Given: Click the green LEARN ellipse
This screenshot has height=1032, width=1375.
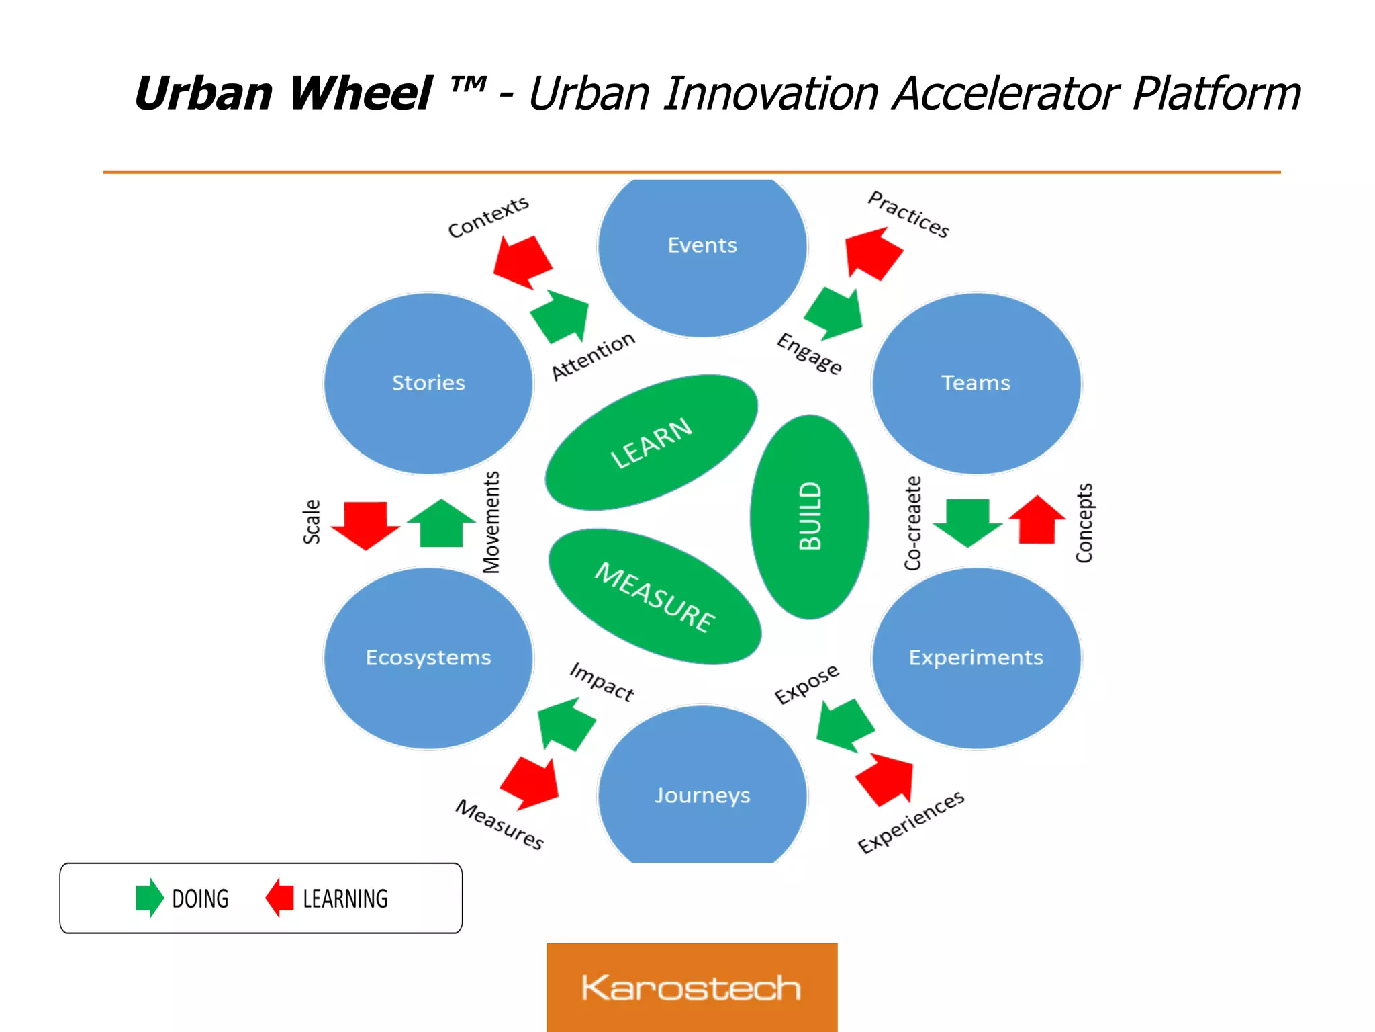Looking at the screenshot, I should point(651,442).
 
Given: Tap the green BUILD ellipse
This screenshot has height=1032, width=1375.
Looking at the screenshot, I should point(810,516).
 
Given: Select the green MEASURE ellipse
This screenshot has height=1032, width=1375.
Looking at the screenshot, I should point(655,597).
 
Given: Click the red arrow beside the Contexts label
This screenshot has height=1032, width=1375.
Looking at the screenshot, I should point(522,261).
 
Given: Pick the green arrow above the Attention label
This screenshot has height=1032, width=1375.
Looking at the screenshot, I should point(561,316).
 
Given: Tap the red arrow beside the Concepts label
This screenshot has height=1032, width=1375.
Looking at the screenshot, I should point(1037,520).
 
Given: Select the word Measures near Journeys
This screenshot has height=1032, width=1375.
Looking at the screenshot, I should point(500,824).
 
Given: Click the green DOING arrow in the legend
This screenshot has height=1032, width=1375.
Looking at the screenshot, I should point(149,898).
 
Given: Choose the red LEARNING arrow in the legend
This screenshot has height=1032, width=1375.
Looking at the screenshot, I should point(280,898).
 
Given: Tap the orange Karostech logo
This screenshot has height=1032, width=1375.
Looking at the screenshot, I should point(692,987).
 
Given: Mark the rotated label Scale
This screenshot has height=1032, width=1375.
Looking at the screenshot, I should point(312,521).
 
